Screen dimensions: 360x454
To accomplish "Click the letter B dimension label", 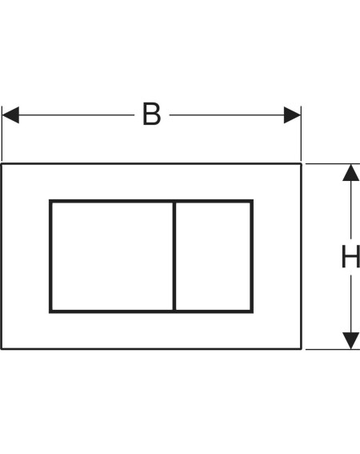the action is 152,114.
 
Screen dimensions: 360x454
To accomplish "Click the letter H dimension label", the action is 350,256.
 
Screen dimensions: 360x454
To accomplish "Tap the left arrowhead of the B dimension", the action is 10,115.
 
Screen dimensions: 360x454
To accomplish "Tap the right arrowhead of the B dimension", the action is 292,115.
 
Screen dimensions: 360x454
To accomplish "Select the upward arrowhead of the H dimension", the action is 351,173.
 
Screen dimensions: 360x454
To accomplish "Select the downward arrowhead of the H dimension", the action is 351,340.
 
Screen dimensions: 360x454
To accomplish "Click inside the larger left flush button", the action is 112,256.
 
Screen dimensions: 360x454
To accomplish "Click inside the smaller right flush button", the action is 213,256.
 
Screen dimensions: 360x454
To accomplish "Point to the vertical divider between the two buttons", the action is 174,256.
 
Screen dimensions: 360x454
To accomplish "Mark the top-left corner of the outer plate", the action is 1,164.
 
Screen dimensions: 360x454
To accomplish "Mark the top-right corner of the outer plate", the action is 302,164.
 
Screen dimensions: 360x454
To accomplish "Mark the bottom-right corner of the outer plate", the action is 302,349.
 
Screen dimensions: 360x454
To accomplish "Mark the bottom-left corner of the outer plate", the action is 1,349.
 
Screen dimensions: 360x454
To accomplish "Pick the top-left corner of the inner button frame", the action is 50,201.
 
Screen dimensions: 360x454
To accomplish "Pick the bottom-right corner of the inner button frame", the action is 252,311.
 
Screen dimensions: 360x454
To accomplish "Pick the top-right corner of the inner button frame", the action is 252,201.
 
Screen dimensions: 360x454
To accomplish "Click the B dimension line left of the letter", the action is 77,115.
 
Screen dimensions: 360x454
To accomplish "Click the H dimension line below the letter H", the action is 351,303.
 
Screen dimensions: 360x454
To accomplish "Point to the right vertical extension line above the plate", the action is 301,134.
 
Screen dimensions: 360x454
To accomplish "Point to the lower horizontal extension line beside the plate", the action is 333,349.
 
